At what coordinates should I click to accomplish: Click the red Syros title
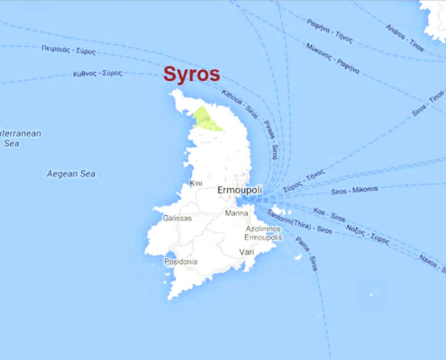(x=192, y=75)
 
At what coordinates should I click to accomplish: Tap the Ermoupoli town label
(x=240, y=191)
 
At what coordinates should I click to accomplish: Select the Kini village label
(x=196, y=184)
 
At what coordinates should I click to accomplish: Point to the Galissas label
(x=177, y=218)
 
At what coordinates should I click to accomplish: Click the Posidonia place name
(x=181, y=261)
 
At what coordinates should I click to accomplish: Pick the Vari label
(x=247, y=252)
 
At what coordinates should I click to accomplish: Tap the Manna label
(x=237, y=213)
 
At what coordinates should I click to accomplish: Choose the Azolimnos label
(x=264, y=229)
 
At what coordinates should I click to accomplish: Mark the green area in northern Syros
(x=208, y=119)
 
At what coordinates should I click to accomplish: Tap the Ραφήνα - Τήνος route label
(x=329, y=36)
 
